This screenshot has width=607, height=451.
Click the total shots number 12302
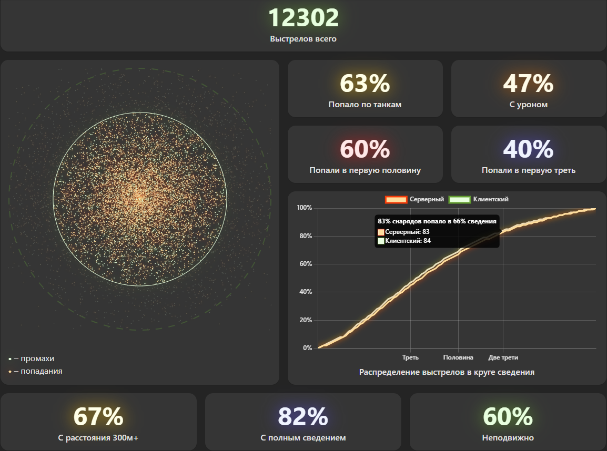pos(303,18)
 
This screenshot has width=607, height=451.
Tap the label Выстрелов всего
pos(303,39)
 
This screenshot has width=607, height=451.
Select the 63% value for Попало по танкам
pos(365,83)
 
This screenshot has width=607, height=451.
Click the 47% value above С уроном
pos(528,83)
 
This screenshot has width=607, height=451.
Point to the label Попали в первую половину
pos(365,170)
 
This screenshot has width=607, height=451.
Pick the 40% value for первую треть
pos(528,149)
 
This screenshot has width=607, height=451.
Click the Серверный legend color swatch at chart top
pos(396,199)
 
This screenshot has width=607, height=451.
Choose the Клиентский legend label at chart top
pos(491,199)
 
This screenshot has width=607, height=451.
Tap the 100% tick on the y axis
pos(305,208)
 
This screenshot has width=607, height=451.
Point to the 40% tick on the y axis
pos(306,292)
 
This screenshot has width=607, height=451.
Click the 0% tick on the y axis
pos(308,348)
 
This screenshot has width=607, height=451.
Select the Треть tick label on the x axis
pos(410,357)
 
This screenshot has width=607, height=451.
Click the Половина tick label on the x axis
pos(458,357)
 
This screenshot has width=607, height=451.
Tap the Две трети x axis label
pos(503,357)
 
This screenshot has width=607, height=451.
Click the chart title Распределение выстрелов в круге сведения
pos(447,372)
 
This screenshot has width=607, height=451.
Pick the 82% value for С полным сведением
pos(303,417)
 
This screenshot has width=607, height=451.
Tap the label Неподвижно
pos(508,437)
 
